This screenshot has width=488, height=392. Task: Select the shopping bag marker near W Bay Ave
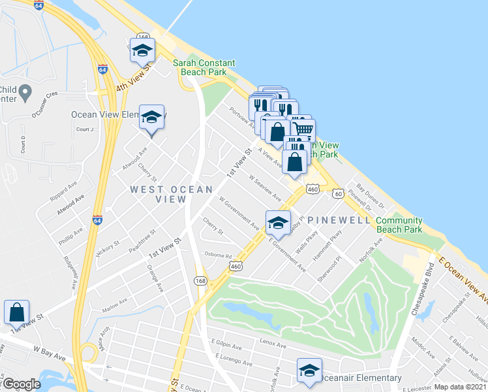pyautogui.click(x=16, y=312)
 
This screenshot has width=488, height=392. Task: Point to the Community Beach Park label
pyautogui.click(x=399, y=225)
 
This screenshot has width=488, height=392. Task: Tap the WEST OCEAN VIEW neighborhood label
pyautogui.click(x=171, y=194)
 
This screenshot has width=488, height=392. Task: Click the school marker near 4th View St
pyautogui.click(x=142, y=50)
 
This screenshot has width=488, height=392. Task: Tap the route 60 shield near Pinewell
pyautogui.click(x=337, y=193)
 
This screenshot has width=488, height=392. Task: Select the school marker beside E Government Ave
pyautogui.click(x=278, y=222)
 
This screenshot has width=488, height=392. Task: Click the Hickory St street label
pyautogui.click(x=107, y=249)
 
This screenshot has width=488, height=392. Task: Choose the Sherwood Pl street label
pyautogui.click(x=331, y=268)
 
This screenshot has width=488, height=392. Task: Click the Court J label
pyautogui.click(x=85, y=129)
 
